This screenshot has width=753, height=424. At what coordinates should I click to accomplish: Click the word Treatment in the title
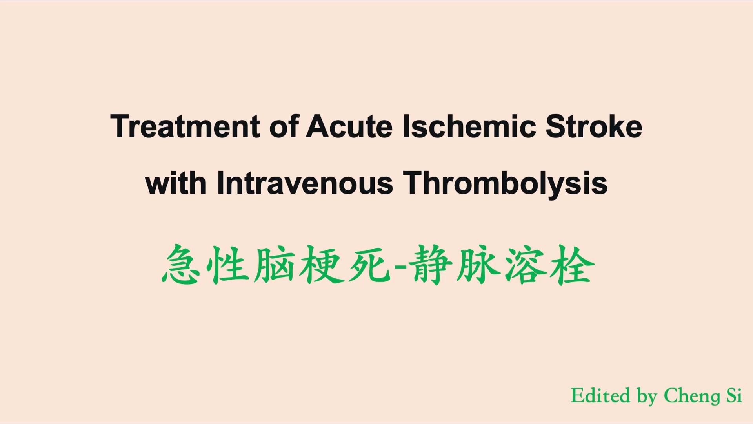pos(185,126)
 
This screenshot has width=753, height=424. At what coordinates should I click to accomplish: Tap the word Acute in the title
pos(349,126)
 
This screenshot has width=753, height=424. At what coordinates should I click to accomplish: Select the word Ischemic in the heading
pos(469,126)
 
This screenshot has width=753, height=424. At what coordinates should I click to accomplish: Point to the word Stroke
pos(594,126)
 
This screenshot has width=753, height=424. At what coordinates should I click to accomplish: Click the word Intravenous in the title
pos(305,183)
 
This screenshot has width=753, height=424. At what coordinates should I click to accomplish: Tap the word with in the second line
pos(176,183)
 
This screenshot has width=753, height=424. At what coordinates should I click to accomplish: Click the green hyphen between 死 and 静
pos(396,268)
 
